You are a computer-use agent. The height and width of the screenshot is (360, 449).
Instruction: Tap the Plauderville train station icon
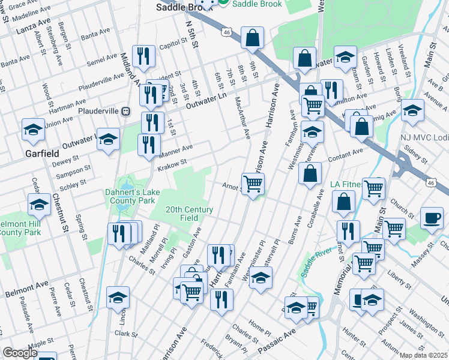[126, 111]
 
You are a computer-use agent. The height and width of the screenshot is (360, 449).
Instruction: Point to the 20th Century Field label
[190, 214]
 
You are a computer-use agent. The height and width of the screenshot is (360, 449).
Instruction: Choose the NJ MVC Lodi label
[424, 137]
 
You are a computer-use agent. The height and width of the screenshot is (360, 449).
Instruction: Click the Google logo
[19, 353]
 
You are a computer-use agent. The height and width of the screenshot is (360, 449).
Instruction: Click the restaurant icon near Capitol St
[143, 57]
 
